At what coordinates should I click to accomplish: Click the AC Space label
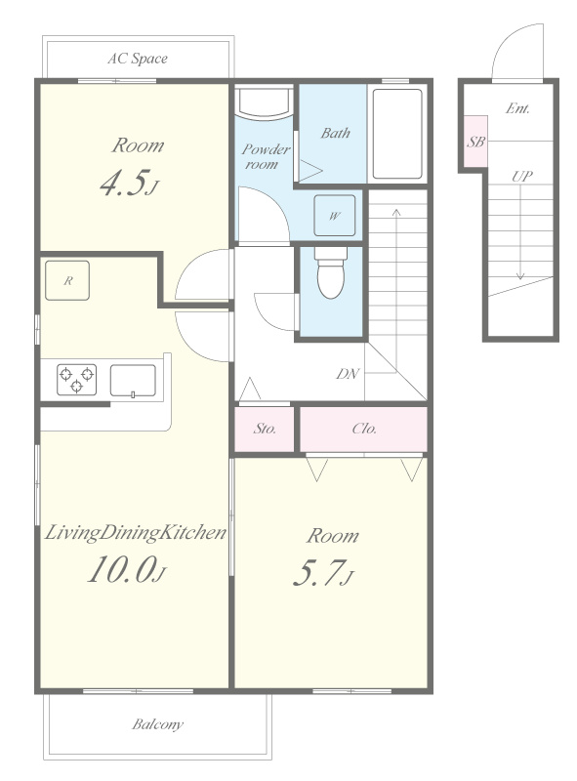138,59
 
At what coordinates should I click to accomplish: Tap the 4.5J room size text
129,183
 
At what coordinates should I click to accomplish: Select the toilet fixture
331,272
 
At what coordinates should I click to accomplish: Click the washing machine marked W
334,215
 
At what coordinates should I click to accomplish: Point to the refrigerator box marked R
67,280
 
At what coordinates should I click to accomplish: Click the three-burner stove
76,380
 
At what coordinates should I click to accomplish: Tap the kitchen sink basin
133,381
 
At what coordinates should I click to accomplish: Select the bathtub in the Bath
397,134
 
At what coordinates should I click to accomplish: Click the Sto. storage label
265,429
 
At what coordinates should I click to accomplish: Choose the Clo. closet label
364,429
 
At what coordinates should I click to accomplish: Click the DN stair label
348,374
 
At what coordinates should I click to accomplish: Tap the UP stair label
521,176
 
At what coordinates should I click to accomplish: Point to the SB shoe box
475,142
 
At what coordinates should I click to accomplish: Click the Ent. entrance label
517,108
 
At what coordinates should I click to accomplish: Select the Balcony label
157,723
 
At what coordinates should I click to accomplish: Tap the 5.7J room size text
323,573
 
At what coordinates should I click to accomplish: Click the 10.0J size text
127,569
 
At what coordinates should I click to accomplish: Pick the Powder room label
266,156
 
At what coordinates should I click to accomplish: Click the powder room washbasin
264,103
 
